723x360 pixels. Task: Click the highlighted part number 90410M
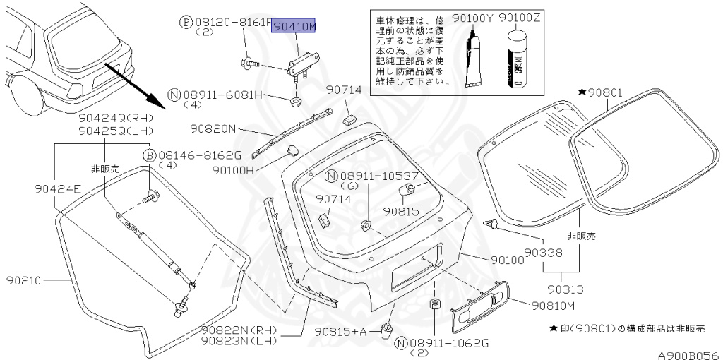pyautogui.click(x=295, y=27)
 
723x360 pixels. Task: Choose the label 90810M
pyautogui.click(x=554, y=305)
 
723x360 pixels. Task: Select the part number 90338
pyautogui.click(x=543, y=251)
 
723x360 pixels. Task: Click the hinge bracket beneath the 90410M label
pyautogui.click(x=302, y=65)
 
